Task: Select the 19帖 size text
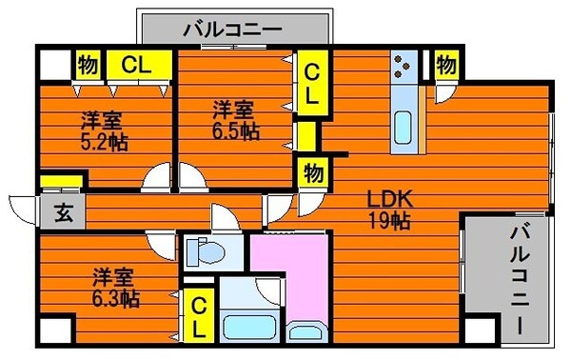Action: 389,221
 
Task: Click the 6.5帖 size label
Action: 235,130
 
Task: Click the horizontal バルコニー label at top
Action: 233,28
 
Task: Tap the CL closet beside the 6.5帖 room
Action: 311,82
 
